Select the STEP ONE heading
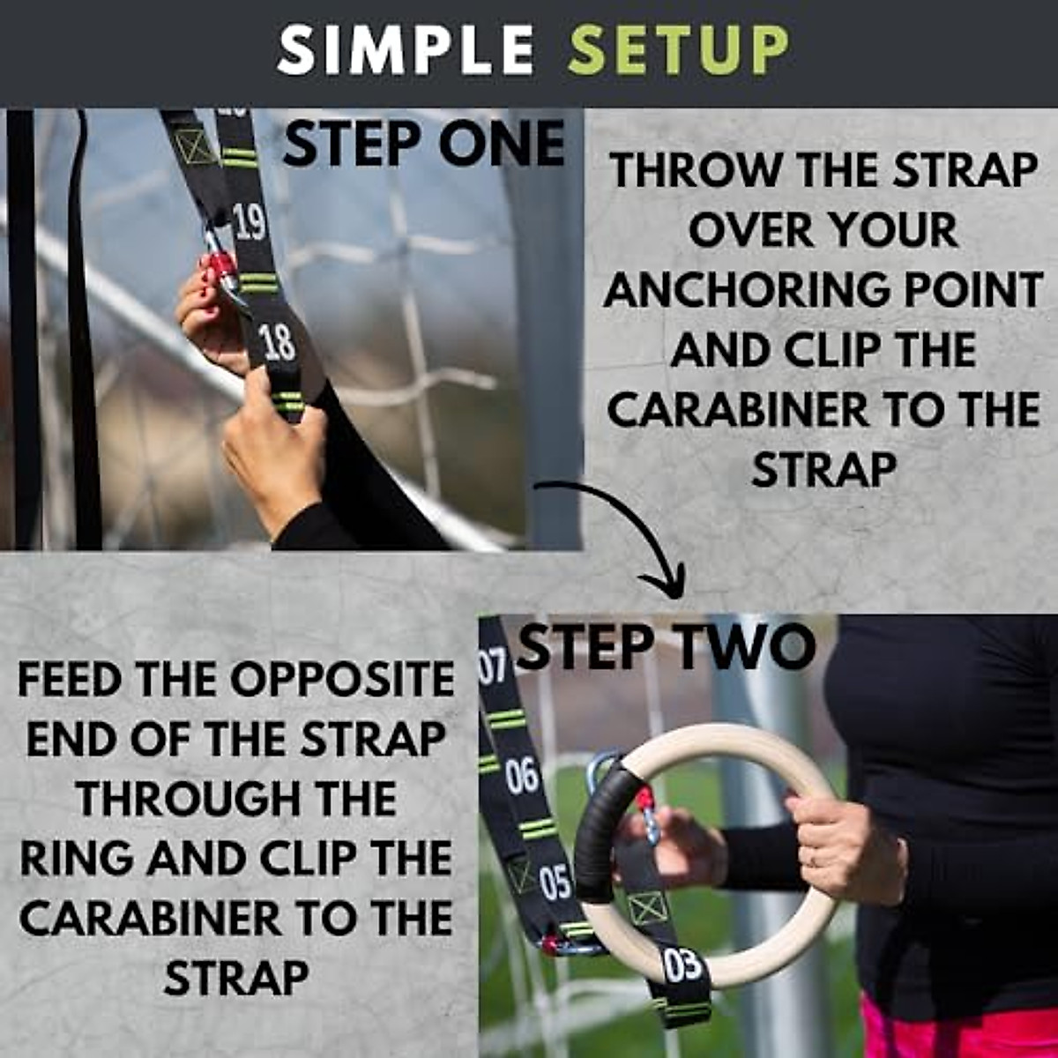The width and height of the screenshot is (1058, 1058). pos(423,144)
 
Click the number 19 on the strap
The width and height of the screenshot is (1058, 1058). pos(250,223)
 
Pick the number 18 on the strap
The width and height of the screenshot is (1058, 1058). pos(278,343)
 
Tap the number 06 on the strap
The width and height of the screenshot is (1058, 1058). pos(521,776)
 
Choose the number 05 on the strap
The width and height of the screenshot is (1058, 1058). pos(555,883)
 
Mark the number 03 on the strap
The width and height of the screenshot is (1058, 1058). pos(682,965)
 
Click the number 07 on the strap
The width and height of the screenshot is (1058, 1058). pos(492,667)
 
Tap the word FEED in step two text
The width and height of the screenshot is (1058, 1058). pos(73,681)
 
